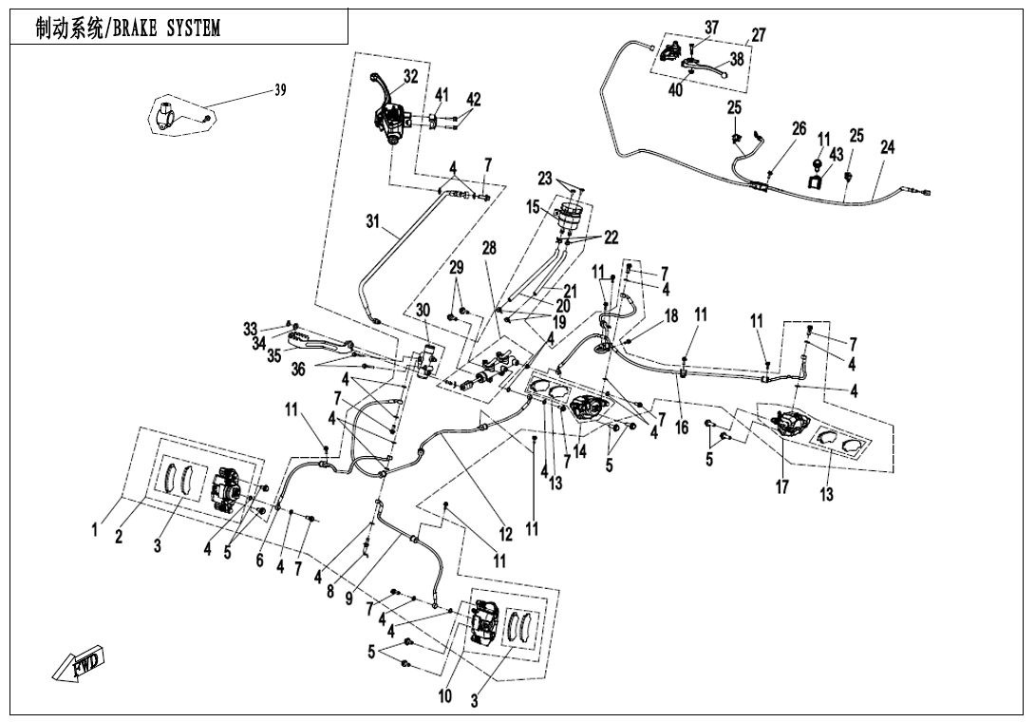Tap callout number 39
[280, 89]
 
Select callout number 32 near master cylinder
[410, 76]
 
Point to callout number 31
[373, 221]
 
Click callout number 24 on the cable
[887, 148]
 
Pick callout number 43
[836, 154]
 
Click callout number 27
[758, 35]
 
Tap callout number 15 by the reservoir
[534, 206]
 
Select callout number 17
[782, 487]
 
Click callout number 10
[444, 696]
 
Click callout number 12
[506, 535]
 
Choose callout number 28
[489, 248]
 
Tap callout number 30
[423, 310]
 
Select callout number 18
[671, 316]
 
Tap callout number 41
[442, 95]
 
